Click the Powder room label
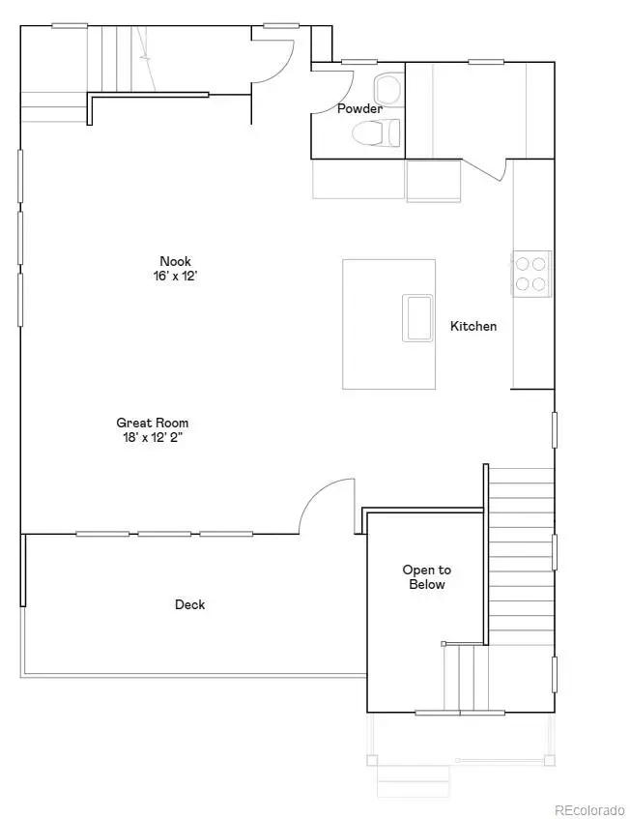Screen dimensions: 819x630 [x=359, y=109]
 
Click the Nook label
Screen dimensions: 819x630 [x=176, y=261]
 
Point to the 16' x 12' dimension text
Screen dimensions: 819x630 [x=176, y=276]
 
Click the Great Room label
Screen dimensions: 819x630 [x=153, y=423]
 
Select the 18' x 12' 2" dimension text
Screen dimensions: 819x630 [x=153, y=437]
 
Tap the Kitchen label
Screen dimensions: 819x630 [x=473, y=327]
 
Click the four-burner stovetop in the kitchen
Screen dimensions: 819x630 [x=530, y=271]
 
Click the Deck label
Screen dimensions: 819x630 [x=189, y=605]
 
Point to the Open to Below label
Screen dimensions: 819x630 [x=426, y=577]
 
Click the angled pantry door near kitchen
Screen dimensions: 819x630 [x=485, y=170]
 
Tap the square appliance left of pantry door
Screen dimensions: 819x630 [x=433, y=181]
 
